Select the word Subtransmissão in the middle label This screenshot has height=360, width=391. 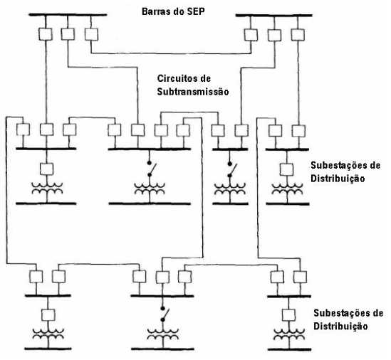[x=193, y=92]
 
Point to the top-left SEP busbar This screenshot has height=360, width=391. [x=68, y=15]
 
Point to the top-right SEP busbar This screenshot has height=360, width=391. [x=273, y=15]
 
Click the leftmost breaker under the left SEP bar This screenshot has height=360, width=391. [x=46, y=34]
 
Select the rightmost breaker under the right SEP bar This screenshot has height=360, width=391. [x=298, y=35]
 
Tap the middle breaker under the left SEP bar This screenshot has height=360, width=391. [x=68, y=34]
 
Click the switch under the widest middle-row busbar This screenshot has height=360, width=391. [x=152, y=169]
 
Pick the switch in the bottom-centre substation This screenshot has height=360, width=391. [x=165, y=314]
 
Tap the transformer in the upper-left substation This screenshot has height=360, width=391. [x=46, y=189]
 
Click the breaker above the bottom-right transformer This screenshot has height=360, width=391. [x=288, y=314]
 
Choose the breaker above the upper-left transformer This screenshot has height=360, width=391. [x=46, y=169]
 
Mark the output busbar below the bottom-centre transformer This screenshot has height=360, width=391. [x=162, y=349]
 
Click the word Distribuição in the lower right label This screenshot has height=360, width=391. [x=340, y=326]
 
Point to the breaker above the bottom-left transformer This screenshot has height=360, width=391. [x=48, y=315]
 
